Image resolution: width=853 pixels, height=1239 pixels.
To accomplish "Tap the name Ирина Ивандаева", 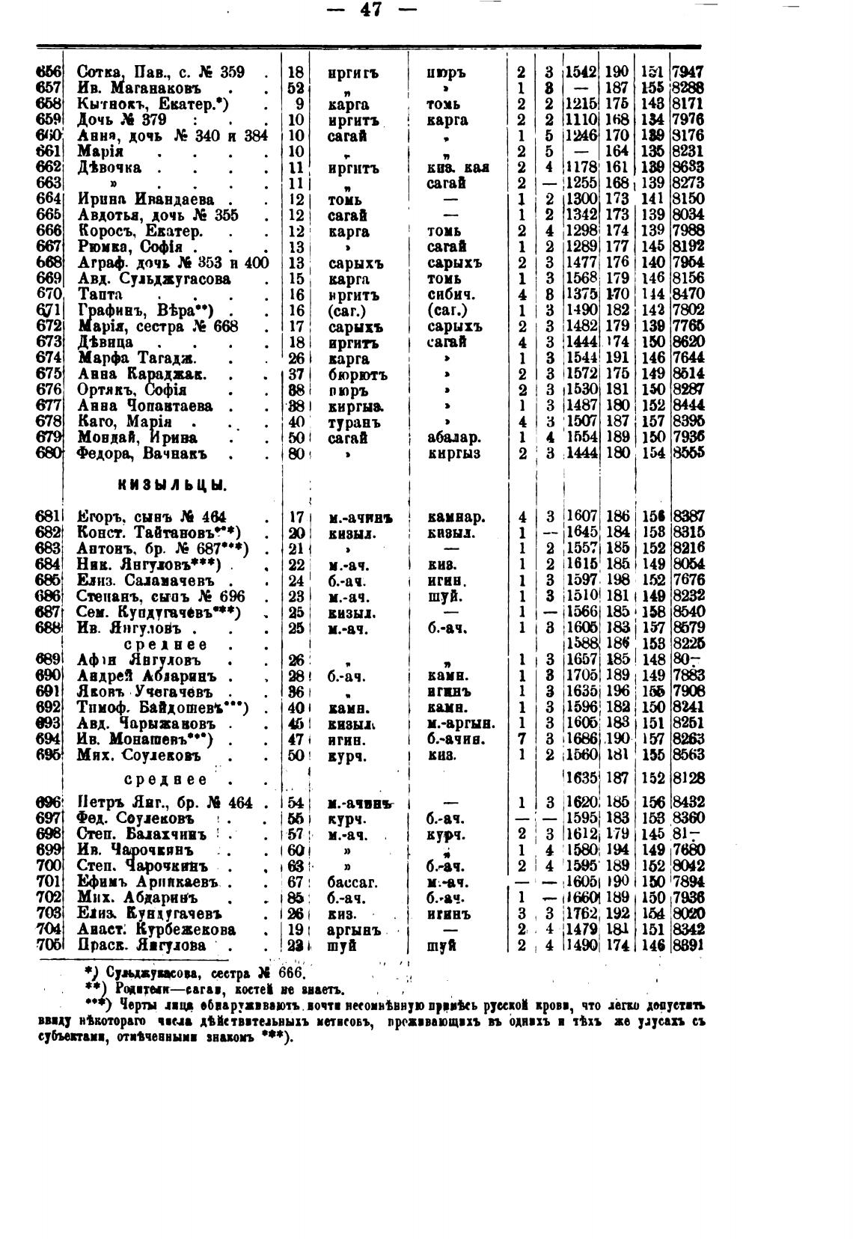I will tap(146, 200).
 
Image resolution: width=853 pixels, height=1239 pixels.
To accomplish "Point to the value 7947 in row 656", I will tap(687, 73).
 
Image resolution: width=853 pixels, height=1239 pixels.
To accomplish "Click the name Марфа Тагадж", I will tap(137, 358).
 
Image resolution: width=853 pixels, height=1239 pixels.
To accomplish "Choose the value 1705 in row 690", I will tap(581, 676).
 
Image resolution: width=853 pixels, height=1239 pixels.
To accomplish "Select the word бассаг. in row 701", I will tap(353, 882).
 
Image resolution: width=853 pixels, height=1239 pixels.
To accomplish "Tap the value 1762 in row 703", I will tap(581, 914).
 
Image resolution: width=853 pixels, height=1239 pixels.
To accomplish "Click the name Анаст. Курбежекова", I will tap(156, 930).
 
